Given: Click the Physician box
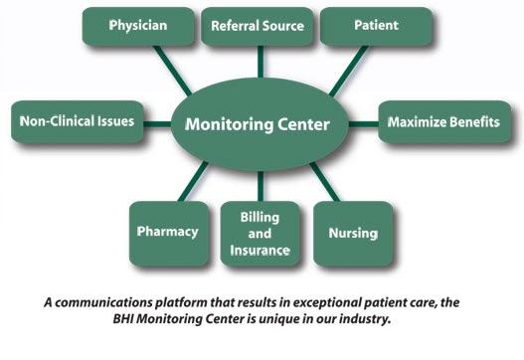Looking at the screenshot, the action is click(138, 26).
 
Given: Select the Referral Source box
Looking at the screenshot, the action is click(258, 26).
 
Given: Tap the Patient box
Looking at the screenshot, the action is click(376, 26).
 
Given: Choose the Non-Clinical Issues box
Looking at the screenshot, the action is click(78, 121).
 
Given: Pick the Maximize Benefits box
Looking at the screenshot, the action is click(444, 121).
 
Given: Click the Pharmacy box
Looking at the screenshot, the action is click(169, 234).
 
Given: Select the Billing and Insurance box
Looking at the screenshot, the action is click(260, 234).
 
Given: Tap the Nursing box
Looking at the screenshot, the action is click(353, 234).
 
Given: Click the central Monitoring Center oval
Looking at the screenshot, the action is click(260, 124).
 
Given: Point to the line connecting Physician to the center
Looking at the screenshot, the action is click(172, 71).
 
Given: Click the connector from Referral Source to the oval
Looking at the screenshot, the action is click(261, 62).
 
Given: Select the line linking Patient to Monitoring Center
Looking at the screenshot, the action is click(349, 71).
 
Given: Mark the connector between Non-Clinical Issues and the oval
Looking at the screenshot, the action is click(157, 124).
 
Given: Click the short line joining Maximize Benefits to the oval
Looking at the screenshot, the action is click(364, 124).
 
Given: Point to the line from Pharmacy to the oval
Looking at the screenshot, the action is click(193, 182).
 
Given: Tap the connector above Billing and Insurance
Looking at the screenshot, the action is click(261, 187).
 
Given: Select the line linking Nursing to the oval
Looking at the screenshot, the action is click(325, 182).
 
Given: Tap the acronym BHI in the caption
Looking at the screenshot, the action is click(123, 318).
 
